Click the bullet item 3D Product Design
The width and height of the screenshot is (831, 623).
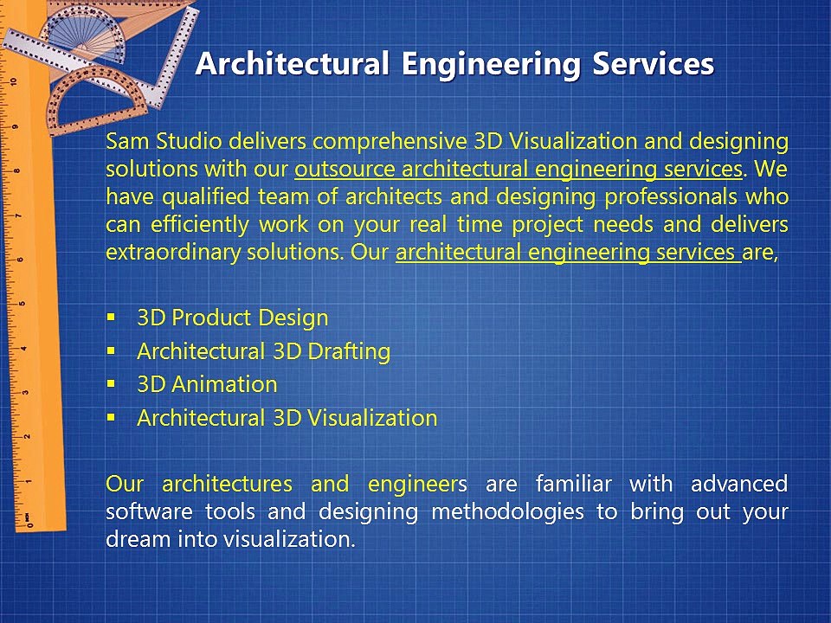tap(233, 318)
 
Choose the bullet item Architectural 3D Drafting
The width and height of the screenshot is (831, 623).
tap(263, 351)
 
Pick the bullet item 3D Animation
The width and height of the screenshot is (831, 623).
tap(207, 384)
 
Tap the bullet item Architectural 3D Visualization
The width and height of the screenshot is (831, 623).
tap(287, 418)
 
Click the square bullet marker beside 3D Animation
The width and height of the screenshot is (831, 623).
tap(110, 383)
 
